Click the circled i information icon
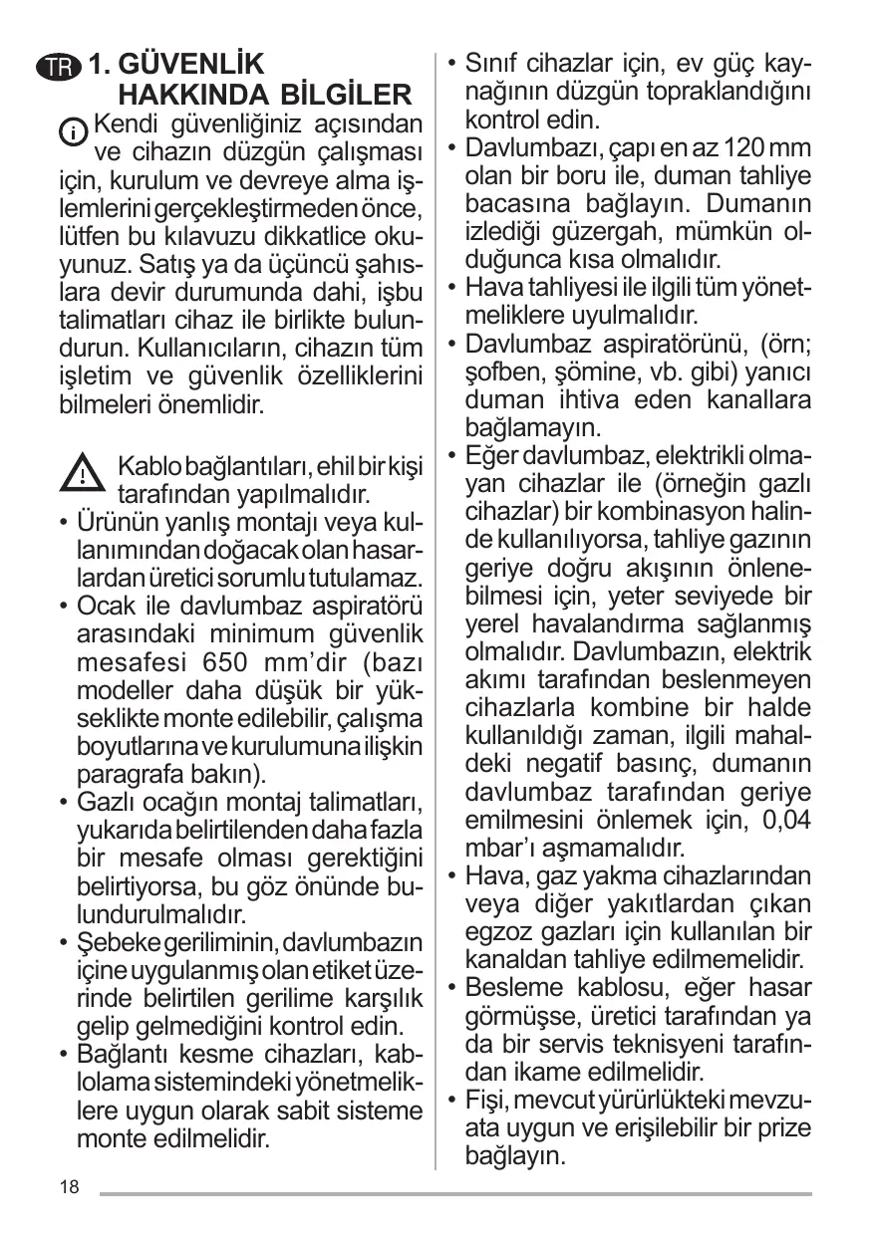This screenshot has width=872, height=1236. pyautogui.click(x=74, y=130)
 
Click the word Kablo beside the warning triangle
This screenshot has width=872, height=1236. pyautogui.click(x=148, y=466)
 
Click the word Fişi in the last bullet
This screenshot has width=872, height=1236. pyautogui.click(x=488, y=1100)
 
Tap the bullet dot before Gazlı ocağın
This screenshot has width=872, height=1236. pyautogui.click(x=64, y=803)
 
